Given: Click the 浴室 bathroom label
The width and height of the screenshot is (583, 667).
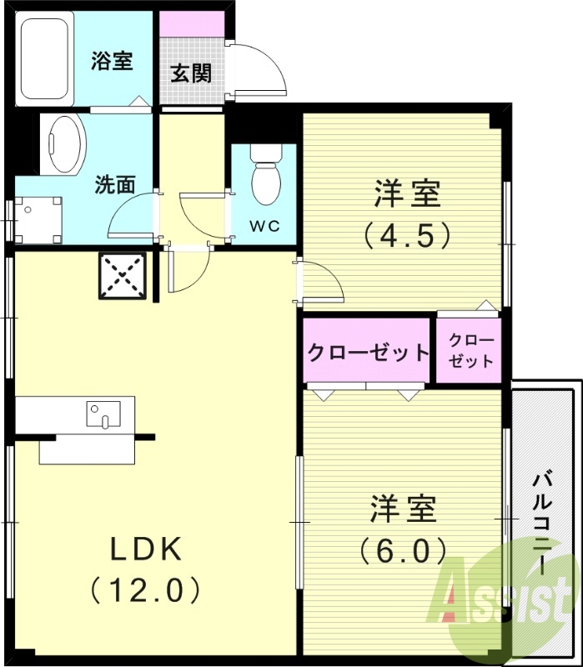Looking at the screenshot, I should click(x=112, y=61).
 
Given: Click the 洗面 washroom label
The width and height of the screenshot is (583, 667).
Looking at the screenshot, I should click(x=114, y=185).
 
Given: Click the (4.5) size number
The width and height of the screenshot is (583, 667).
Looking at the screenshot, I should click(x=407, y=235).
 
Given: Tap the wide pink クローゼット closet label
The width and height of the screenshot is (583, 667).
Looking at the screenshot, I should click(x=368, y=352).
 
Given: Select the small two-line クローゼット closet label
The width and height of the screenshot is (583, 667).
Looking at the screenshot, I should click(x=471, y=351).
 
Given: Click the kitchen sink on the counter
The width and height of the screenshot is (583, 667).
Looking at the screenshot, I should click(x=103, y=414).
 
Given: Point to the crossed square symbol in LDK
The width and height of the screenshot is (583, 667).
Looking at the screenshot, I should click(x=123, y=275).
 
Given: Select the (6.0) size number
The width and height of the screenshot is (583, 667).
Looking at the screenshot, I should click(x=404, y=550).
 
